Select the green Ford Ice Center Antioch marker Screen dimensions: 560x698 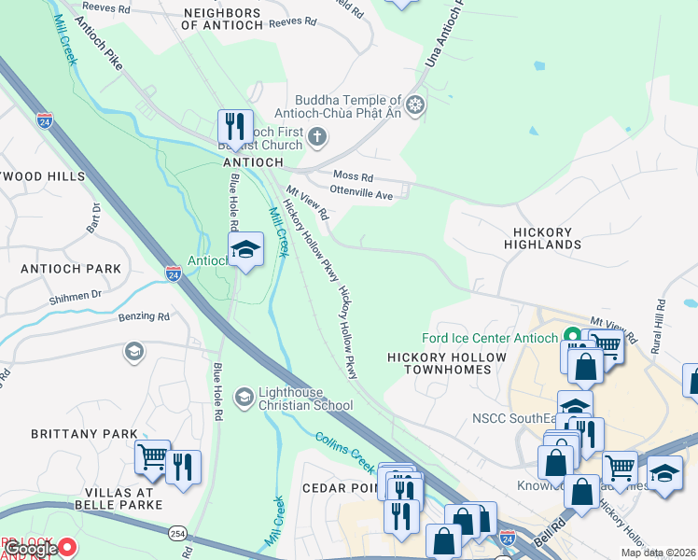567,338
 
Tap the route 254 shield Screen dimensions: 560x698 176,532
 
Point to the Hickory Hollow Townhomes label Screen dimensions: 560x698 447,363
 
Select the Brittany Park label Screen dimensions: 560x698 84,434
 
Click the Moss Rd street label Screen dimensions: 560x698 354,176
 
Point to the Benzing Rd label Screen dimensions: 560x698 144,316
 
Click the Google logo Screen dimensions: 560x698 33,549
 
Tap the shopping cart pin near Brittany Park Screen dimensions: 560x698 152,457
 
